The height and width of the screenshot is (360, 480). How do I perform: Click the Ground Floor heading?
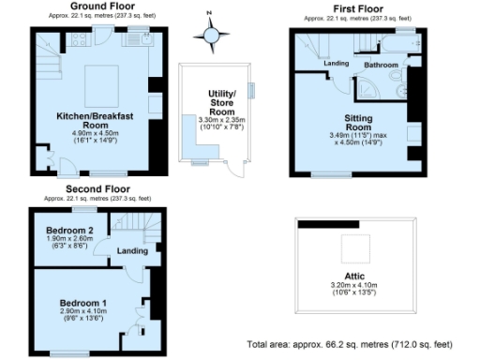pos(98,6)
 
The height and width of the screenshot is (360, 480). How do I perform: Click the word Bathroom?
pos(382,65)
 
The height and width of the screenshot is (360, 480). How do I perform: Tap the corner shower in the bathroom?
pos(368,87)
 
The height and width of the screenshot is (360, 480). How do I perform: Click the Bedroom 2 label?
pos(71,231)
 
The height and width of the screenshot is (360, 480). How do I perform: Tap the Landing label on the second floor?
pos(131,250)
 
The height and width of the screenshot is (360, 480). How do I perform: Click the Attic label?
pos(353,277)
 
